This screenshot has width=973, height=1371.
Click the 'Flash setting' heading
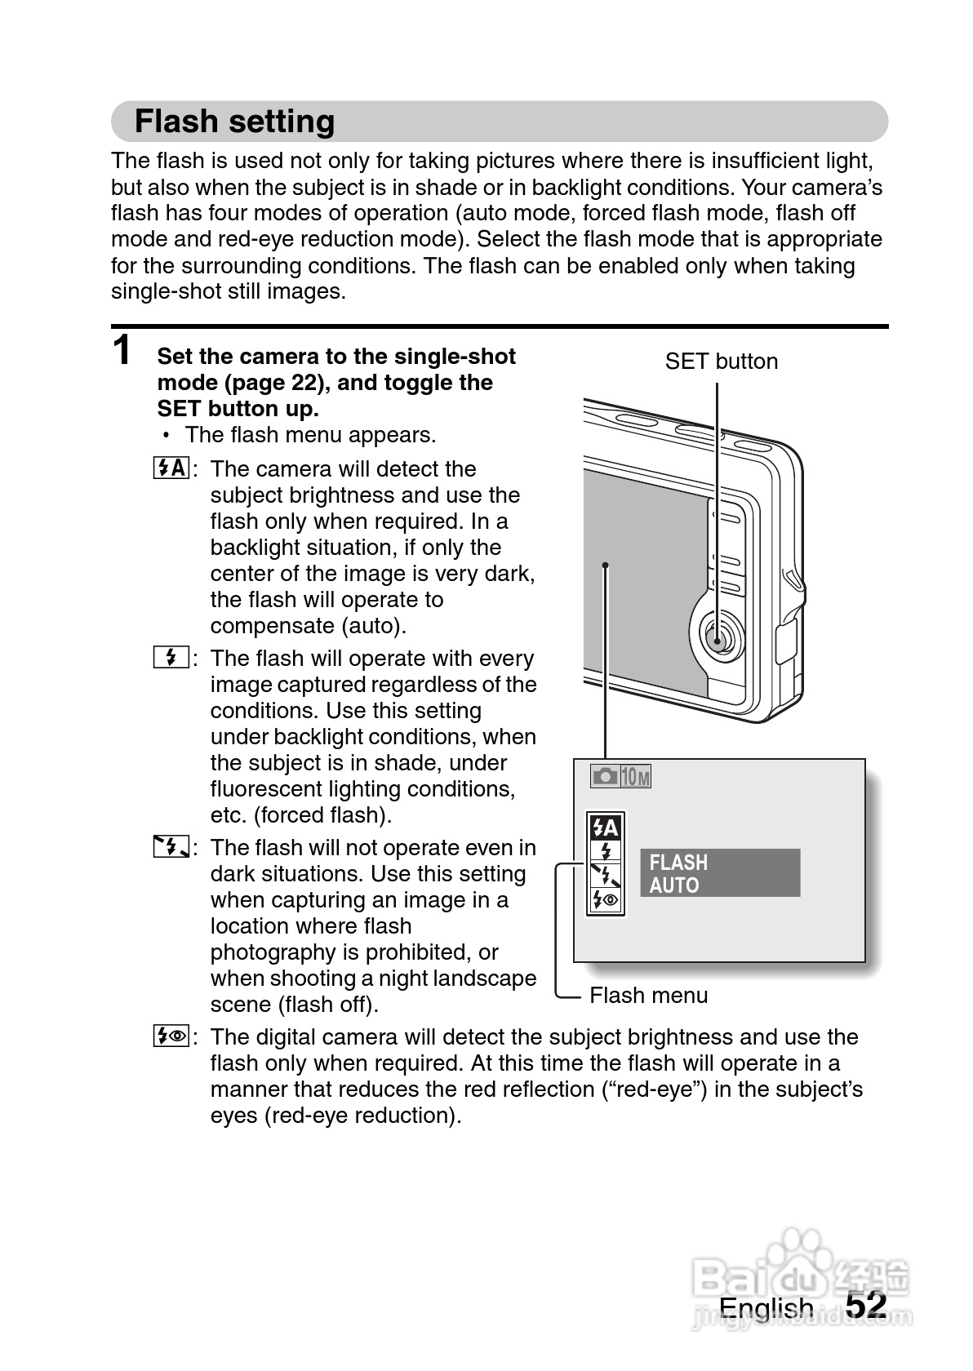pos(234,122)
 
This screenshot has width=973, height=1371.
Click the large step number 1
pos(122,350)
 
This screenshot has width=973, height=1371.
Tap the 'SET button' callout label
pos(721,362)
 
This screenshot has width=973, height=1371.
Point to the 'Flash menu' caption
pos(648,996)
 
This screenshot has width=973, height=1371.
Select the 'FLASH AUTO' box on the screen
pos(719,873)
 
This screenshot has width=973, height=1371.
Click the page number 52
pos(865,1305)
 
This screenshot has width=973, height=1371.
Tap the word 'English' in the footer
pos(766,1308)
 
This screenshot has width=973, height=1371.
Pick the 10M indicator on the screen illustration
pos(636,776)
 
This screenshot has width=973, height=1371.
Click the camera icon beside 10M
pos(605,776)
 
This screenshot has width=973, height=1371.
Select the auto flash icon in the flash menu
pos(606,828)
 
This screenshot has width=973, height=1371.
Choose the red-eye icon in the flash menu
pos(606,900)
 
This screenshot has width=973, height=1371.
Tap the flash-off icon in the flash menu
pos(606,876)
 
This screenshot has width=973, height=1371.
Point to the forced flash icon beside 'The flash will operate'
pos(171,658)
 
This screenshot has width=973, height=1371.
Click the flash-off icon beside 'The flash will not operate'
pos(171,847)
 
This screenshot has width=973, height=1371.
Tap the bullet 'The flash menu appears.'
pos(310,435)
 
